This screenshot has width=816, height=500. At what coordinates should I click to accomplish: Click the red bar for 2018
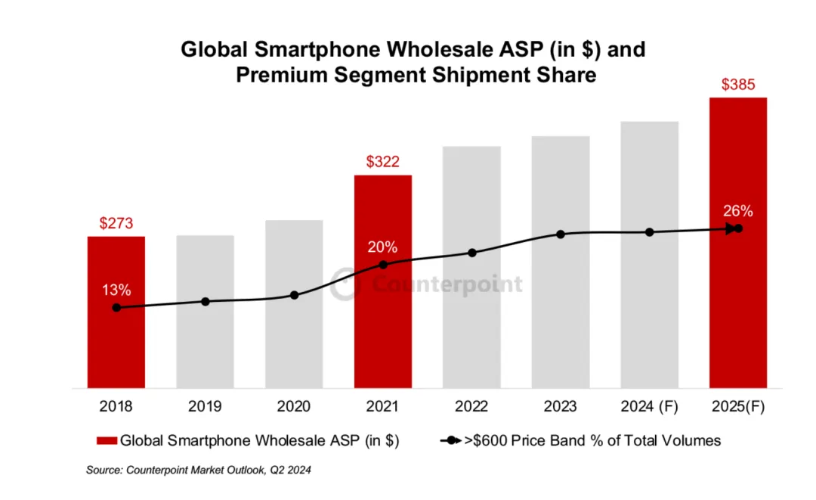[116, 333]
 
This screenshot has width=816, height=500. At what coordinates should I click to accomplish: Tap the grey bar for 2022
[471, 318]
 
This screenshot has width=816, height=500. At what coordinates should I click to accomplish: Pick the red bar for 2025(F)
[737, 303]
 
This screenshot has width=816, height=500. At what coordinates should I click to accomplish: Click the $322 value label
[382, 161]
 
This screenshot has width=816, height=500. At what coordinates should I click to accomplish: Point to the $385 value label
[738, 84]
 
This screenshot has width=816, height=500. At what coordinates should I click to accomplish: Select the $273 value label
[116, 223]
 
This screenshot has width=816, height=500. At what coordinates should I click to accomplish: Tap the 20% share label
[383, 247]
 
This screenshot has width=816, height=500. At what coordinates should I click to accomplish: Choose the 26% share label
[737, 211]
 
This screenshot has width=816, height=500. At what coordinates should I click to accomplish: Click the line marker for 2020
[294, 295]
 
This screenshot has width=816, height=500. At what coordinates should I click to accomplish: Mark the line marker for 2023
[561, 234]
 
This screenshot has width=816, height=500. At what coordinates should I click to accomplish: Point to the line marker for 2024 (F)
[649, 232]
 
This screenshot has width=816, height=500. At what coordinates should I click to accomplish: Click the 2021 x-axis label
[382, 407]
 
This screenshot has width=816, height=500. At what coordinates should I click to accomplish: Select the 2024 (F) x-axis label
[649, 407]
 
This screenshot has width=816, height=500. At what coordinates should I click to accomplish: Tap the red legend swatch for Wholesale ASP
[106, 440]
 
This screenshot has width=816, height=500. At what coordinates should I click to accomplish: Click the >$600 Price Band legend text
[592, 440]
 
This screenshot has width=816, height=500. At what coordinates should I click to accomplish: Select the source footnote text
[199, 470]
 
